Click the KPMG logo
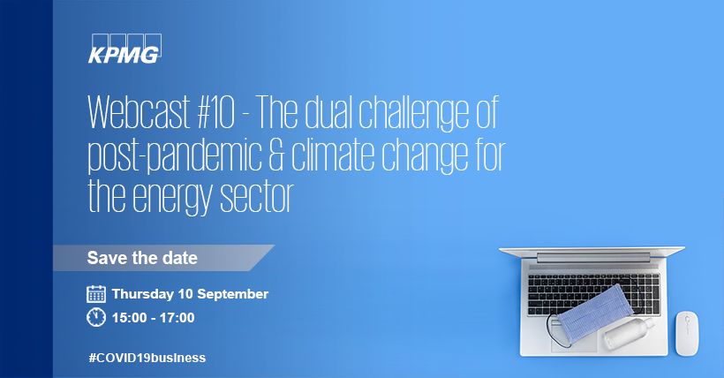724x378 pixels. point(124,49)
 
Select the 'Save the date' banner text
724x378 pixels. point(141,259)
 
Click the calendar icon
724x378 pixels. point(96,294)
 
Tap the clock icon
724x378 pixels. point(96,317)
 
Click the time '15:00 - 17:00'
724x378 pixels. point(153,317)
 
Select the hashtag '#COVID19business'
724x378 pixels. point(147,358)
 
